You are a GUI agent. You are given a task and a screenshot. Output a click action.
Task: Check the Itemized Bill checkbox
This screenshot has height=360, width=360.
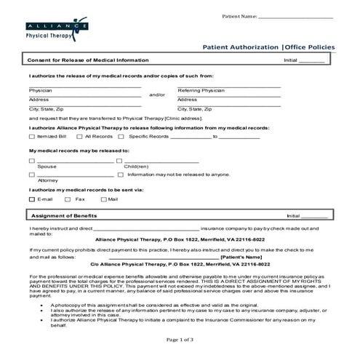click(x=31, y=136)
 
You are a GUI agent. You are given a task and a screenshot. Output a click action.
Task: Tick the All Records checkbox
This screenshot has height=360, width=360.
click(x=79, y=136)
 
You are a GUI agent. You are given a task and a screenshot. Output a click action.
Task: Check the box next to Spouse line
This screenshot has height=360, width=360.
click(x=31, y=161)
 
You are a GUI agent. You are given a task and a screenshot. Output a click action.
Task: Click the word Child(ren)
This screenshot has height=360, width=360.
click(x=137, y=167)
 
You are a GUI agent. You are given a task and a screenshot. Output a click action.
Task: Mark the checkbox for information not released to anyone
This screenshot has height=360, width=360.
click(x=121, y=175)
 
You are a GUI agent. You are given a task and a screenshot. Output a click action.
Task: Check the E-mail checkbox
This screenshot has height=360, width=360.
click(x=31, y=199)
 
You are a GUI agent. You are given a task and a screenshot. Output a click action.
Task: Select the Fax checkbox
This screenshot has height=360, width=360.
click(x=68, y=199)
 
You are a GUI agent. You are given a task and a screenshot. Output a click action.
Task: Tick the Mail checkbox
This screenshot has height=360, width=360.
click(x=103, y=199)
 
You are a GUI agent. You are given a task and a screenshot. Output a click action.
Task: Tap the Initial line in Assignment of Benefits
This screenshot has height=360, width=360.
click(x=314, y=217)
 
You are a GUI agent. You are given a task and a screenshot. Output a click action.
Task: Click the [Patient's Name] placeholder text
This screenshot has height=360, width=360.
click(x=240, y=257)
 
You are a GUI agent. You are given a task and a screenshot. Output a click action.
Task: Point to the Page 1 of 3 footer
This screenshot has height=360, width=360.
click(x=180, y=340)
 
